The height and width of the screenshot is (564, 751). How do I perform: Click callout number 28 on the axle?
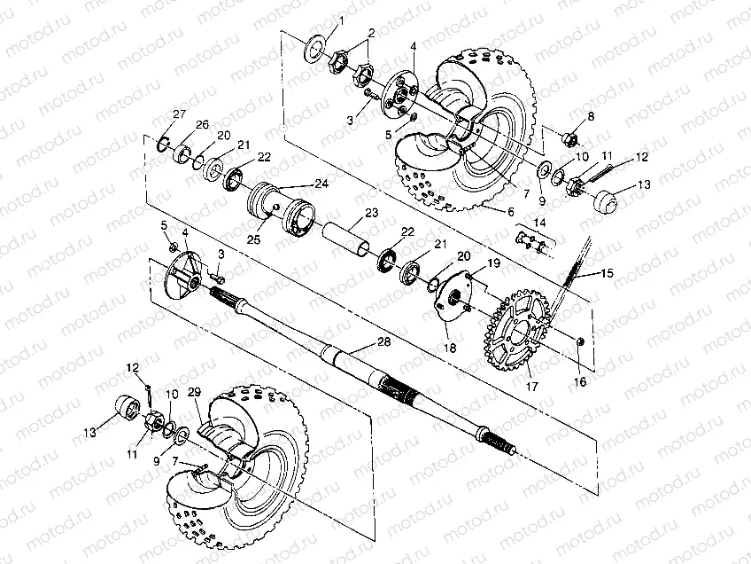point(384,341)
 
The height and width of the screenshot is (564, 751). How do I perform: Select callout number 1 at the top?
point(342,20)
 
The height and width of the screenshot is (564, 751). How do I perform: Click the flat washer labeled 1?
point(314,48)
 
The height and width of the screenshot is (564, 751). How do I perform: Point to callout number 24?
point(321,184)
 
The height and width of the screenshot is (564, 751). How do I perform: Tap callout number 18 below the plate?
point(450,348)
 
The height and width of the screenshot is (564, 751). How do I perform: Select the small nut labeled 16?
point(580,341)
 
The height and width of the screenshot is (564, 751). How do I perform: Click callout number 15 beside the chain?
point(607,273)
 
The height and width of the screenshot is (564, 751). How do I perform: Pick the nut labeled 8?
point(569,139)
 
